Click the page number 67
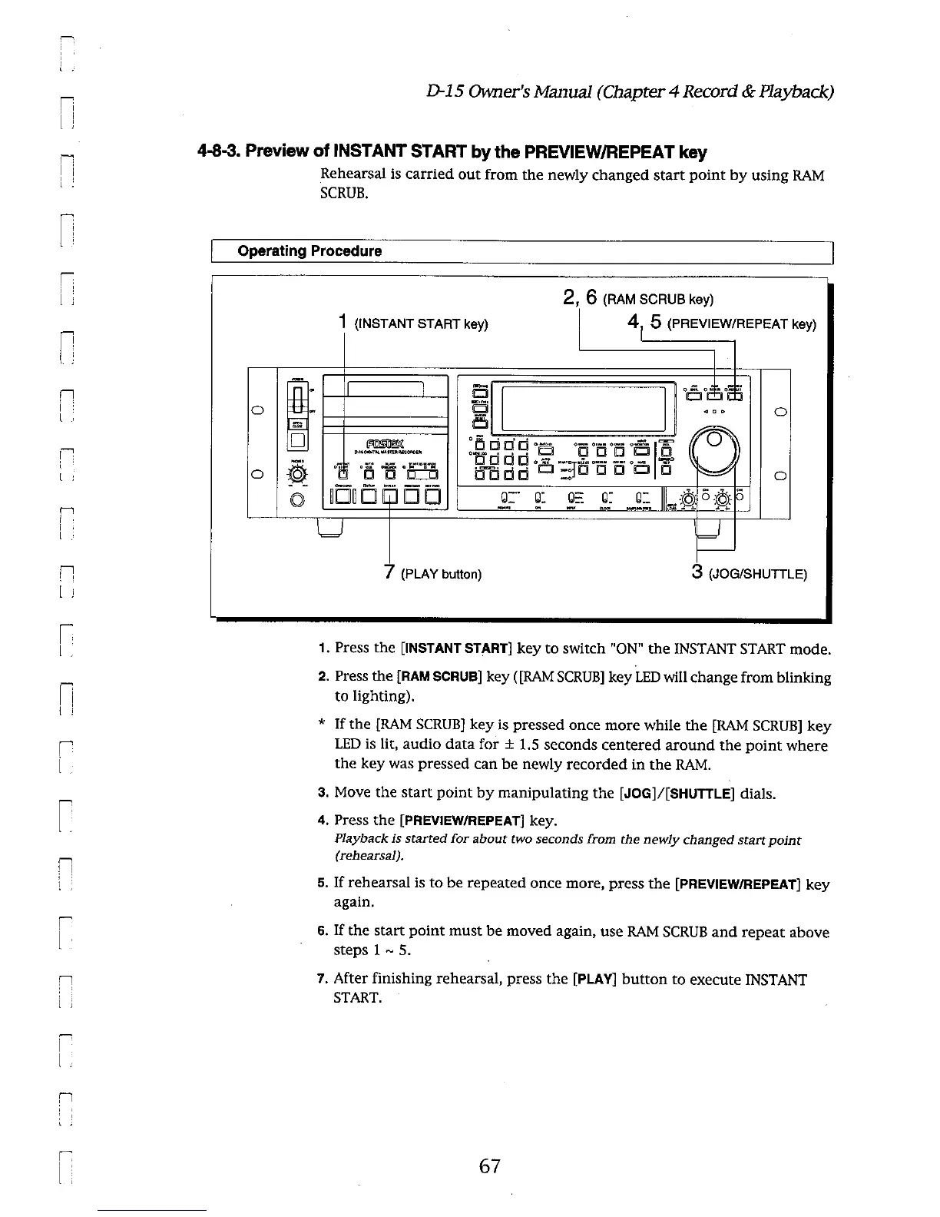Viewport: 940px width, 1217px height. point(489,1166)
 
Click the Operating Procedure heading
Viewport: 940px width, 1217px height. point(309,251)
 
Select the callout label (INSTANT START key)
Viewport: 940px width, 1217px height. point(420,323)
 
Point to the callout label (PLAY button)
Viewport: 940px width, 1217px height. point(441,574)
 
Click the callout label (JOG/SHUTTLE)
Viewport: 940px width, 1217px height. point(756,573)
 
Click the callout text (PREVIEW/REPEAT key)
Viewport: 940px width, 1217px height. point(741,323)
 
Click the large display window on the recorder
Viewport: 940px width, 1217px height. point(583,409)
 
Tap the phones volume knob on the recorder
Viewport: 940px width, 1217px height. point(297,474)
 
